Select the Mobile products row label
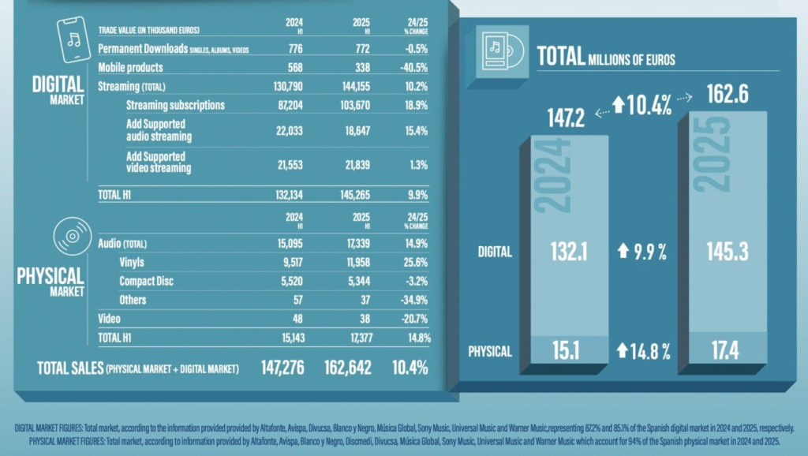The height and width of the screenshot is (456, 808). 130,67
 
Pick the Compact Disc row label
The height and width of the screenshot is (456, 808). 146,280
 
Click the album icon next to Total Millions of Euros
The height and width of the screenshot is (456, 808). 500,53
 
